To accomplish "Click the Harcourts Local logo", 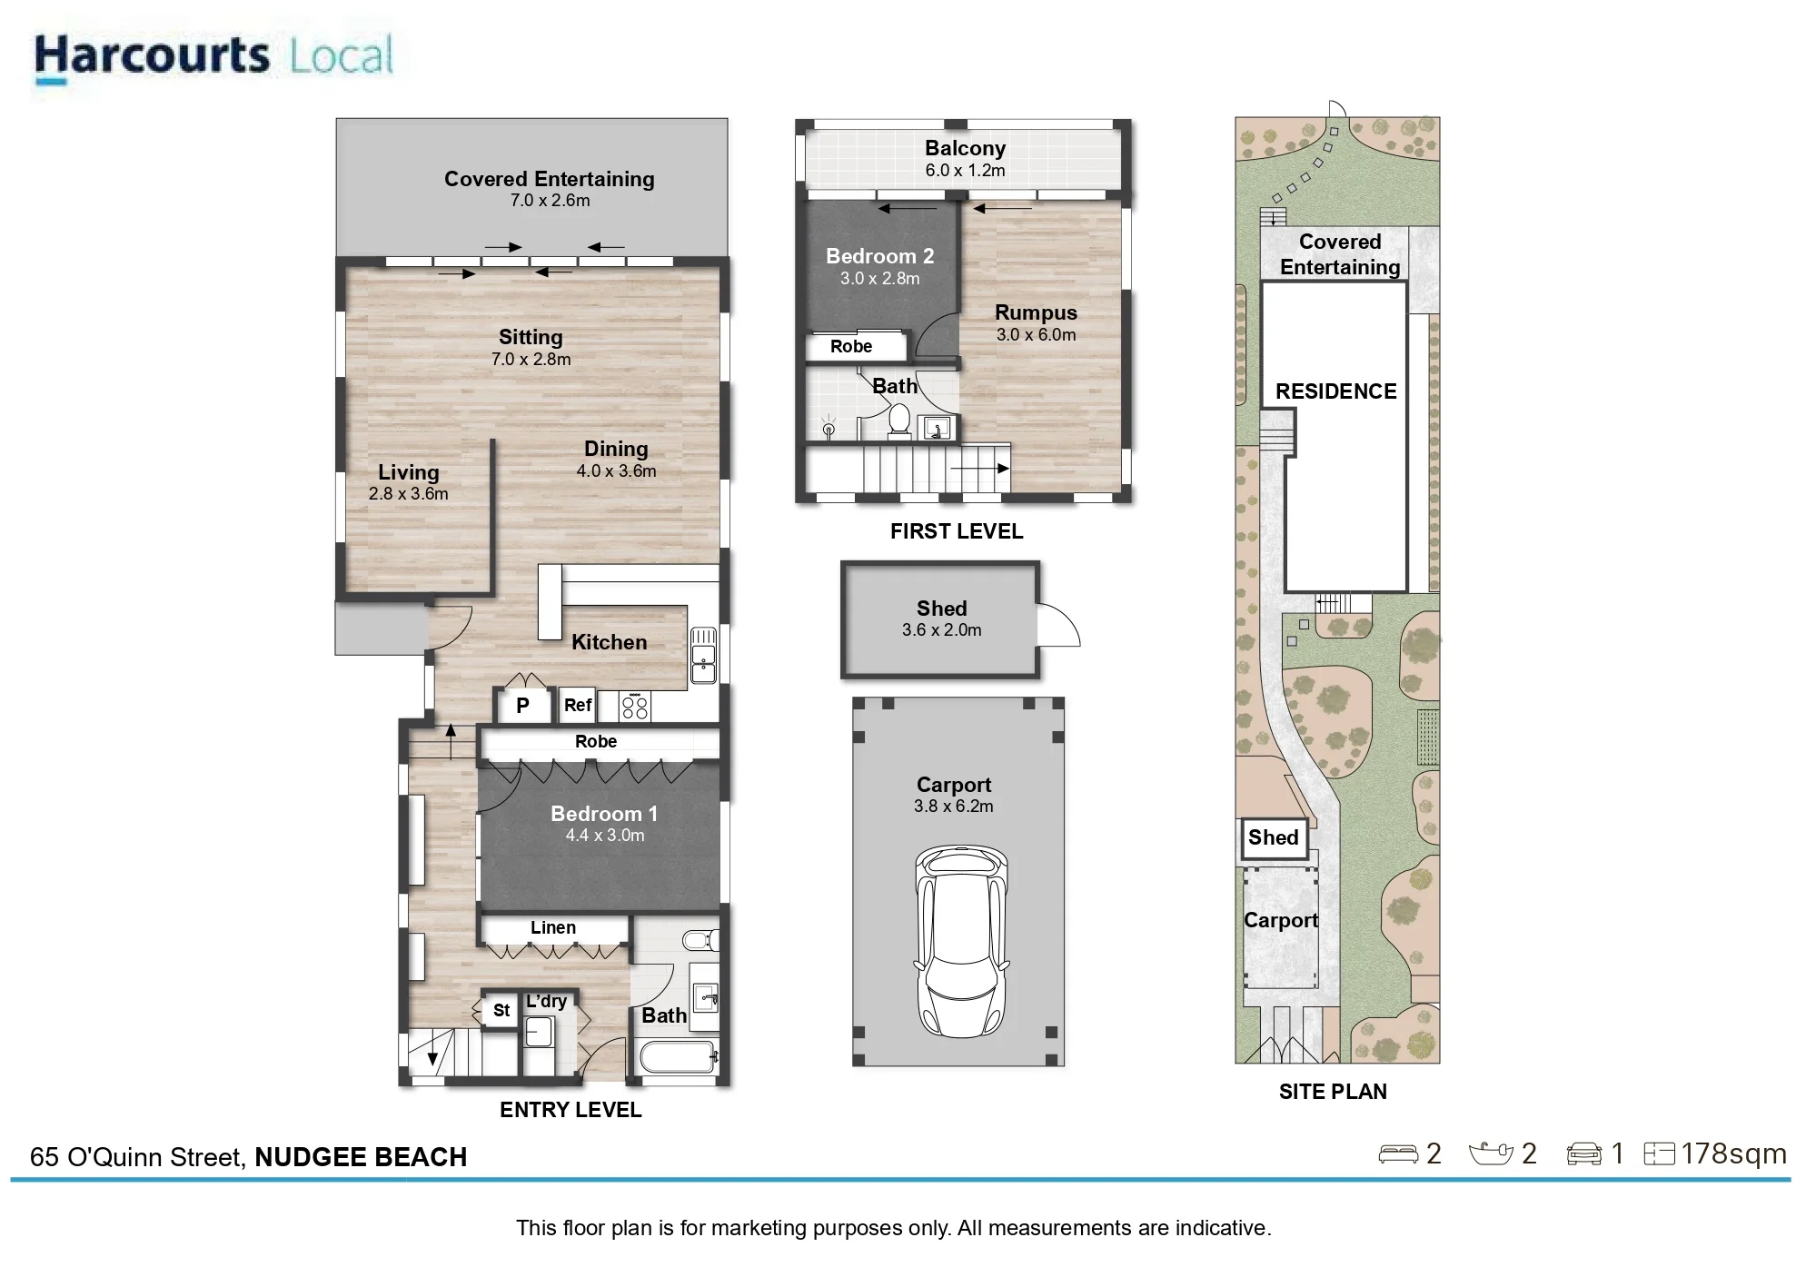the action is click(213, 57).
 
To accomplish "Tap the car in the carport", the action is click(961, 942).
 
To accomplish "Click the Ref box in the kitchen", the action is click(578, 705).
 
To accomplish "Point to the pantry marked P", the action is click(522, 705).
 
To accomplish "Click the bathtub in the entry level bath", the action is click(679, 1057).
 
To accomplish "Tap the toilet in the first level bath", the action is click(898, 421).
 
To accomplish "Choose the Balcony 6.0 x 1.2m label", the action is click(965, 158).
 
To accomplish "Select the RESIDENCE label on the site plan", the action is click(1335, 391).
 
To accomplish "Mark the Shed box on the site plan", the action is click(1274, 838).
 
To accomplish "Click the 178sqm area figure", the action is click(1733, 1153).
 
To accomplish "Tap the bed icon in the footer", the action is click(1397, 1154).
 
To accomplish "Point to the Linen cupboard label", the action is click(553, 927).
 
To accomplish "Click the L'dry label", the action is click(546, 1001).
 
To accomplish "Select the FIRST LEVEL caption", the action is click(957, 531).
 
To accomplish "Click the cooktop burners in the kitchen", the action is click(635, 707).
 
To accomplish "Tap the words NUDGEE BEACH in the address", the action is click(361, 1157).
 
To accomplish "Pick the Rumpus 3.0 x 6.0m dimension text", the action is click(1036, 334).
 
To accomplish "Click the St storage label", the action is click(501, 1010).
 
